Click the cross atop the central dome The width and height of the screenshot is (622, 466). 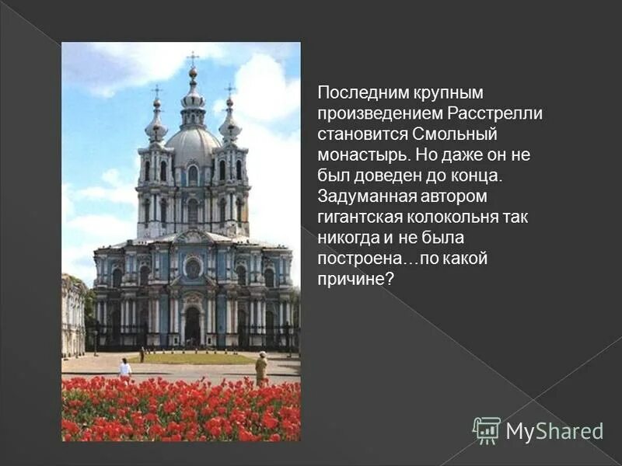tap(192, 59)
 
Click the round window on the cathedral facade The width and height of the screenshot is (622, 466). tap(193, 269)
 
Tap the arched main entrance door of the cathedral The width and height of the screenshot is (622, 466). tap(193, 325)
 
